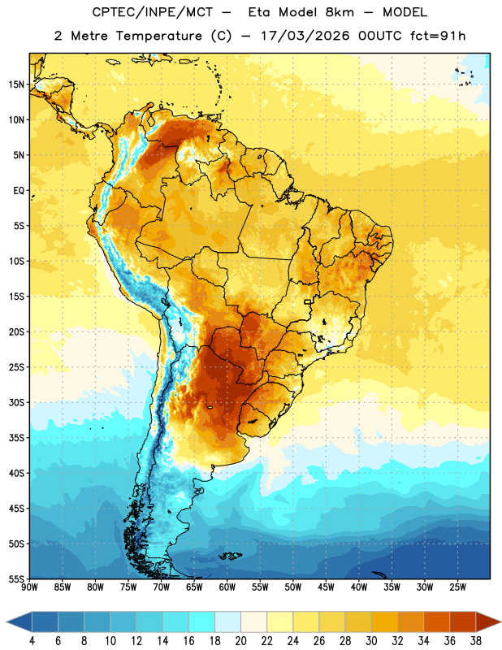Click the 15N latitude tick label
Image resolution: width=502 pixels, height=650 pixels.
15,84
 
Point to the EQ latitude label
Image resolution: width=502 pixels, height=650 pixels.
19,191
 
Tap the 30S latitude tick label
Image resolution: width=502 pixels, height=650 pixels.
15,403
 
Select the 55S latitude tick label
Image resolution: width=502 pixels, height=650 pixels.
15,579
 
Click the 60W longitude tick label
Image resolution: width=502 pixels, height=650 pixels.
227,587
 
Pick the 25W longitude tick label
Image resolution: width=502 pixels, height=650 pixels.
457,587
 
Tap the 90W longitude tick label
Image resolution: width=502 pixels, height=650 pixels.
29,587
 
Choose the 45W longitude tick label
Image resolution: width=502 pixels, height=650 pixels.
326,587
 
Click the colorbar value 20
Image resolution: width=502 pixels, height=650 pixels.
240,641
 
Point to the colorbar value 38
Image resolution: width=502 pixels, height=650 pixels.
475,641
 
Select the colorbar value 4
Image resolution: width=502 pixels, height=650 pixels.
32,641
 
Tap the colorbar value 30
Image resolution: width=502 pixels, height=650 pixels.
371,641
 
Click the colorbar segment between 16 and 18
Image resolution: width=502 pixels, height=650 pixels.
201,622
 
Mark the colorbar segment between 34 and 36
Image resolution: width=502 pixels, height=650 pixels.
436,622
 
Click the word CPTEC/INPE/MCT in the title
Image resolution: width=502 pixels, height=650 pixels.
153,12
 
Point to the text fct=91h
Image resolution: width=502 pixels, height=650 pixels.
438,36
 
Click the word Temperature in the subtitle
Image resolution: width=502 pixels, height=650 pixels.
158,36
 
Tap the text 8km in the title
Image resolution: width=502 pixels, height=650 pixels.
340,12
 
